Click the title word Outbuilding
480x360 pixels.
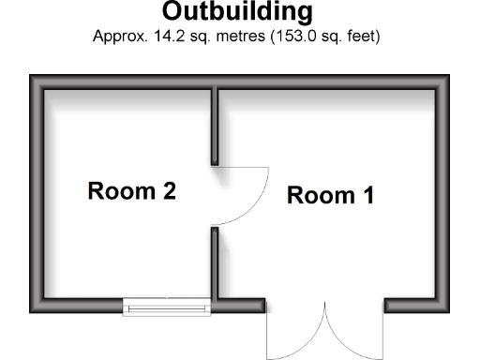[x=237, y=13]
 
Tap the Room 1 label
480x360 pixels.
[x=330, y=196]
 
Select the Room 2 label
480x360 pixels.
[x=131, y=191]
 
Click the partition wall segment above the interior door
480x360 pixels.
[x=215, y=127]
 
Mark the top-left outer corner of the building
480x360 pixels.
[x=31, y=76]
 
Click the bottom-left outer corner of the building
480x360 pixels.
[x=31, y=313]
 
